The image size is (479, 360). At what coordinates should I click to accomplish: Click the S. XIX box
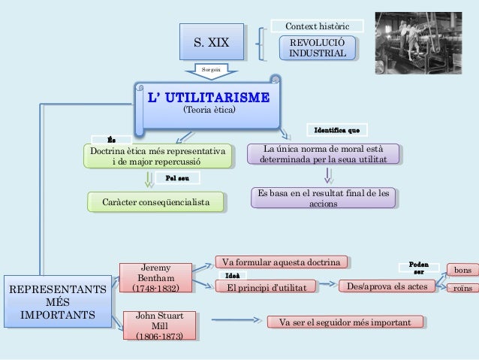click(212, 42)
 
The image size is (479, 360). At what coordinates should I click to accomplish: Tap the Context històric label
click(316, 26)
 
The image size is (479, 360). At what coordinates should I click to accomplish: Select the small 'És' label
click(112, 139)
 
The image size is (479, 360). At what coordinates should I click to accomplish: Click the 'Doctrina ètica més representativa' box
click(157, 157)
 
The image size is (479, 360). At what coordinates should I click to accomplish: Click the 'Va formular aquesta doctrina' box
click(282, 262)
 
